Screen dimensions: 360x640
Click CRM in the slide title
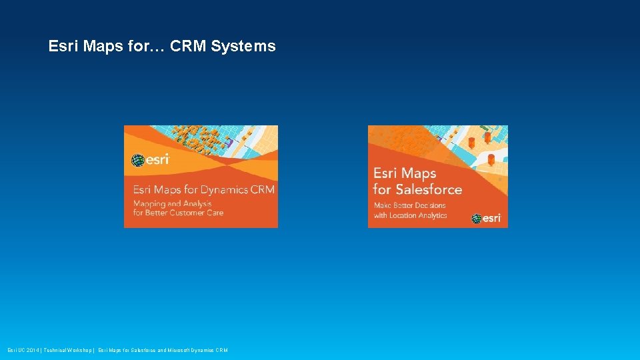click(x=189, y=47)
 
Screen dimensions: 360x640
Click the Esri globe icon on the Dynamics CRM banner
click(x=138, y=160)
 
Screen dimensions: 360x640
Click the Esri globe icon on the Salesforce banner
click(x=477, y=218)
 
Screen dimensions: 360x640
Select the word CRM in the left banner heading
click(x=262, y=189)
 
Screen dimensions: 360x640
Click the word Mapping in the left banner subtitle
click(x=151, y=203)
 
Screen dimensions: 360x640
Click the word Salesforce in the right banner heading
click(x=427, y=189)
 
